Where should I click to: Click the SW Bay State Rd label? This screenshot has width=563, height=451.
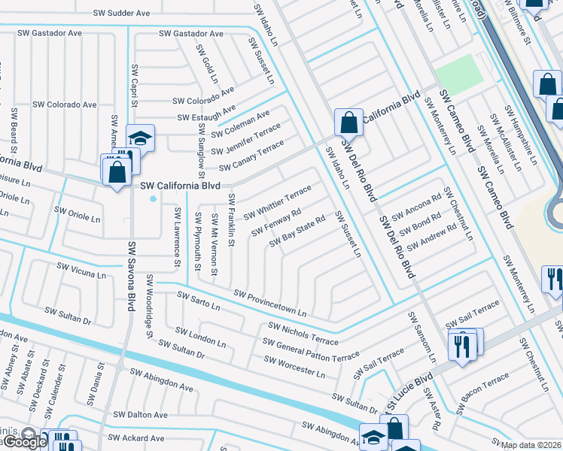297,230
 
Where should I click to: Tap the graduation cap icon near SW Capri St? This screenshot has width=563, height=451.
140,138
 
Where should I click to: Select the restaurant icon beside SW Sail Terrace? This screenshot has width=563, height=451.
460,346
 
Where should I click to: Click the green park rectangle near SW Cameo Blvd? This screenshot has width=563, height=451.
459,73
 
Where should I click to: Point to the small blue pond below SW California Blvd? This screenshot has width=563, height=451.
154,199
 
